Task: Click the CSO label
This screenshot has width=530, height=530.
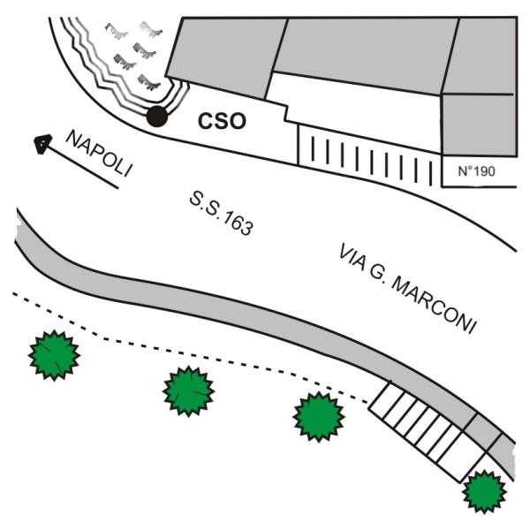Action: (222, 121)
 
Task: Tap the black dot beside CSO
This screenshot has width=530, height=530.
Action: (157, 117)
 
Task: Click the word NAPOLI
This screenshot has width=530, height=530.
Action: (99, 154)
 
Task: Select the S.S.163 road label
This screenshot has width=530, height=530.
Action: (221, 213)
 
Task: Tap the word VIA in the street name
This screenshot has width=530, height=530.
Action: (352, 258)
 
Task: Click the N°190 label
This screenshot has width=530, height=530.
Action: (476, 171)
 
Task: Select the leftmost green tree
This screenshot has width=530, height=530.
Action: (54, 355)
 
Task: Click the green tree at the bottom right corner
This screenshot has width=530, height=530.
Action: (484, 491)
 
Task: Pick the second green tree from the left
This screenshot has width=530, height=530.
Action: (188, 391)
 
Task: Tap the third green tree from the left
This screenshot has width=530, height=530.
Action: (319, 417)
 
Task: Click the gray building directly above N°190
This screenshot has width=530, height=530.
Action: (480, 125)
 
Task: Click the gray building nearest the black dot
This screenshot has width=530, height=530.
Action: (226, 57)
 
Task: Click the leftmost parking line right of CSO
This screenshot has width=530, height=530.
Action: (313, 148)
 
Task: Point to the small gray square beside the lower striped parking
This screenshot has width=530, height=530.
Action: (482, 432)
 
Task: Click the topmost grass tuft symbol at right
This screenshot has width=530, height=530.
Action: (151, 28)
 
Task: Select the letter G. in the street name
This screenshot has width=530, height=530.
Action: (377, 274)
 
